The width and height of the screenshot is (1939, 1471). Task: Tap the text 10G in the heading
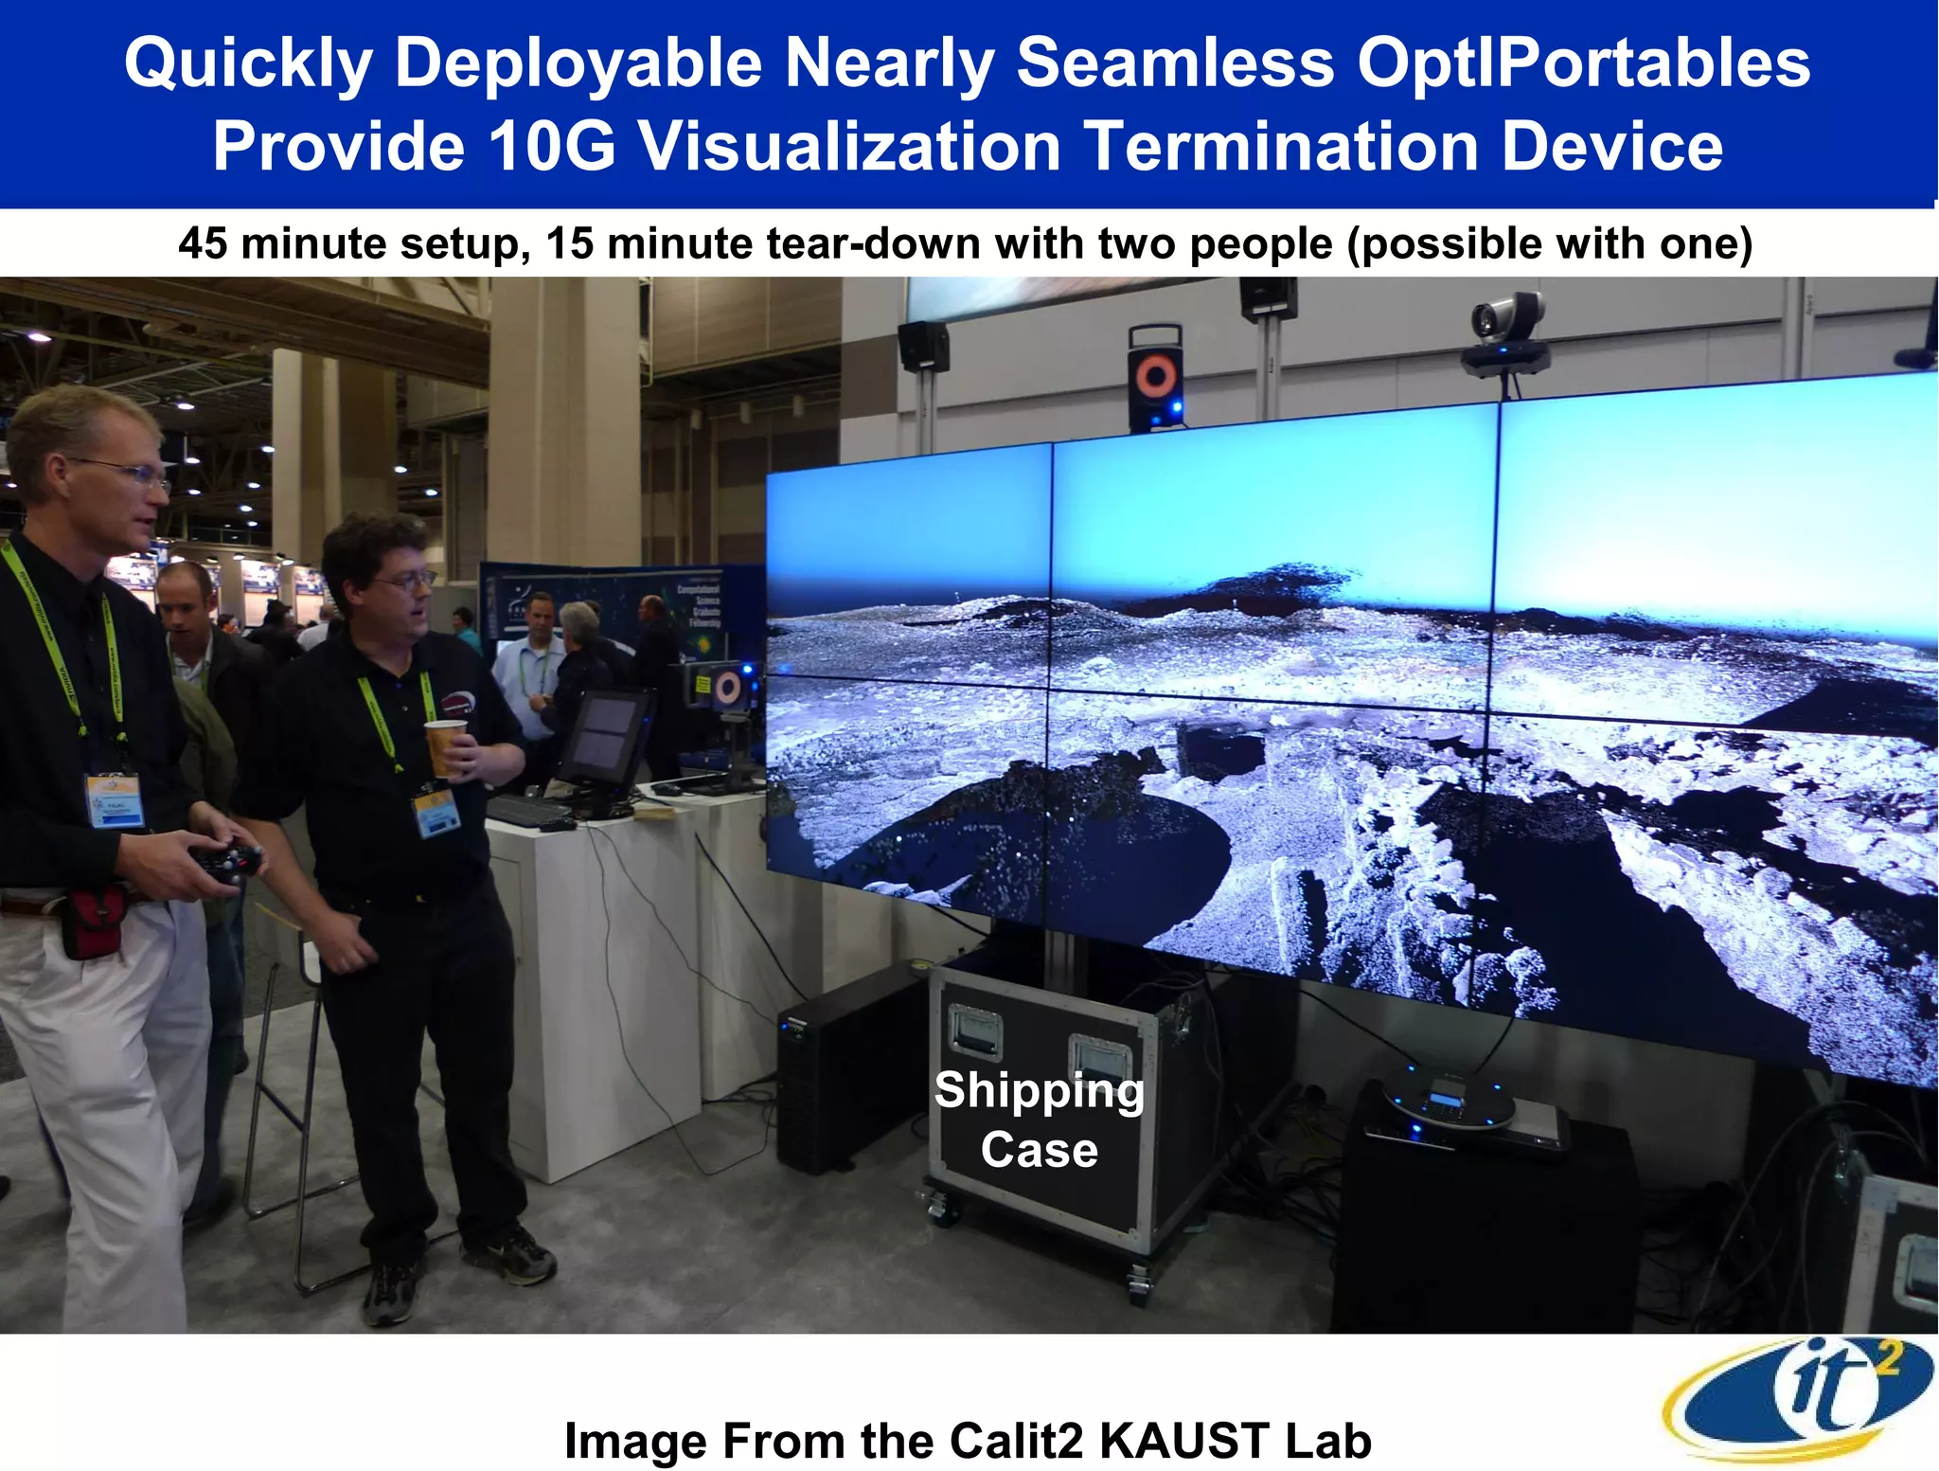pyautogui.click(x=552, y=147)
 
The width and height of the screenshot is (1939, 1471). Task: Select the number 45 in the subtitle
pyautogui.click(x=203, y=243)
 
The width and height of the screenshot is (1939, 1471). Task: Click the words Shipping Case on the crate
pyautogui.click(x=1039, y=1120)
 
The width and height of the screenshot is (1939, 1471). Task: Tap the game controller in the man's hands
pyautogui.click(x=227, y=862)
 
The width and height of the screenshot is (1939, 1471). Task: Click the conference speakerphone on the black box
pyautogui.click(x=1449, y=1099)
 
